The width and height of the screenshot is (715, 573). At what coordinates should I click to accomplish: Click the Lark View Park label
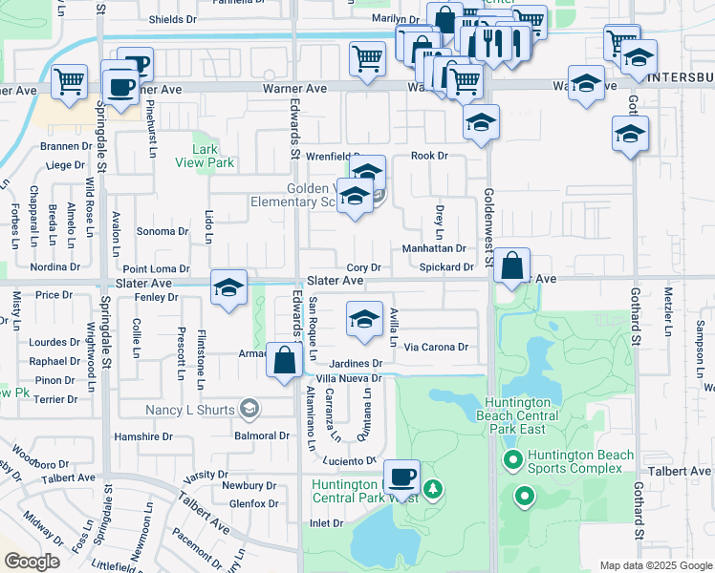(205, 156)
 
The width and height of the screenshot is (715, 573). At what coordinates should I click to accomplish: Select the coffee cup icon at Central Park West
(401, 476)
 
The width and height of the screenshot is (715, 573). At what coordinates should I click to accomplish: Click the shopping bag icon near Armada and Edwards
(285, 362)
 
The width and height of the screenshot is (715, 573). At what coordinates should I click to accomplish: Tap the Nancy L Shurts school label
(190, 410)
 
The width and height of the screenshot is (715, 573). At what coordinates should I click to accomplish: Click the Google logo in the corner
(32, 562)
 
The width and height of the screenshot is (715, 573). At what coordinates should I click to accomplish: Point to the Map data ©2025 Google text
(655, 565)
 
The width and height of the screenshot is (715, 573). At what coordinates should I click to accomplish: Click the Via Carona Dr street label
(436, 348)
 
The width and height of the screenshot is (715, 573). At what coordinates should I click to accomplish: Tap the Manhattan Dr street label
(433, 248)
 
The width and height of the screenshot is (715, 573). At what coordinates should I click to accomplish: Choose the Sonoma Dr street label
(162, 231)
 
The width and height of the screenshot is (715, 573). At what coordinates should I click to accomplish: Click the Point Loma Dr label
(156, 269)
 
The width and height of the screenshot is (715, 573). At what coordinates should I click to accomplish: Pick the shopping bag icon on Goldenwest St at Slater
(512, 265)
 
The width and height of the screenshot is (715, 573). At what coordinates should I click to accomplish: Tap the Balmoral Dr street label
(261, 435)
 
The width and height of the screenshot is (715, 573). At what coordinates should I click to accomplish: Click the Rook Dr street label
(428, 156)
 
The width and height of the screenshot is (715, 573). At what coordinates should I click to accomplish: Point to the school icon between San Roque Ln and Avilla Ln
(363, 321)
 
